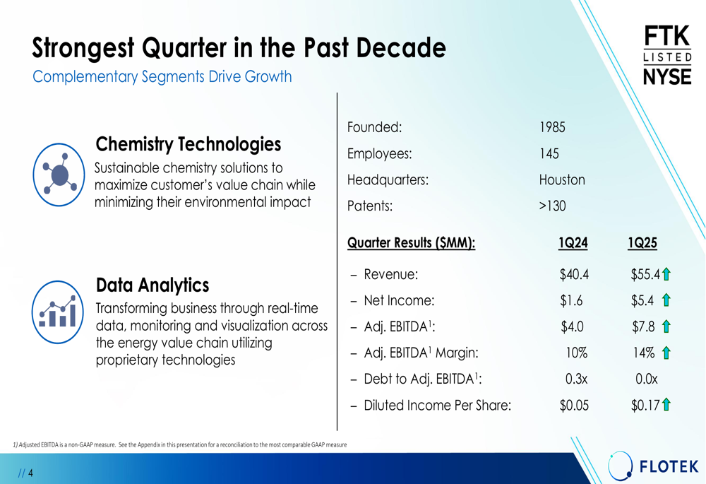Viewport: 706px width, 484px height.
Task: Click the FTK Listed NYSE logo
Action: coord(667,55)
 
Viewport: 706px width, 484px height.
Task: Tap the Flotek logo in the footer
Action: coord(653,466)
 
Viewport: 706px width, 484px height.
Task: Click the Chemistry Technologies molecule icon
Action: coord(59,175)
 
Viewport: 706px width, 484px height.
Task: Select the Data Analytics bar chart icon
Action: coord(58,312)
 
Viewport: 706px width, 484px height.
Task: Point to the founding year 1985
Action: coord(552,127)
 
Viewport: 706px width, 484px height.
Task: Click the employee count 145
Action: coord(549,153)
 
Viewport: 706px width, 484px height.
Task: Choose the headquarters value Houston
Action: coord(562,179)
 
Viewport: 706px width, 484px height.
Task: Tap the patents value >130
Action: coord(553,206)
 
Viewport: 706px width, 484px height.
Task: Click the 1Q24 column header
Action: coord(573,243)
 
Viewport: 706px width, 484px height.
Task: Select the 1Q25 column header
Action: coord(642,243)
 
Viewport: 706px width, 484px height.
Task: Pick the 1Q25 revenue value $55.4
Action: coord(645,274)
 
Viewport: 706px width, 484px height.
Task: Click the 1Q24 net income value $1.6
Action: coord(571,300)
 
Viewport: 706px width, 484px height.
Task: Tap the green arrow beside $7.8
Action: coord(666,326)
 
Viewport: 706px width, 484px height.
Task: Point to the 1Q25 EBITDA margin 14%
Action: coord(644,353)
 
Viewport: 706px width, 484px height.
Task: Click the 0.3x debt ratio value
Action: coord(576,379)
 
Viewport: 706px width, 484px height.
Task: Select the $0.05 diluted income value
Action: coord(574,405)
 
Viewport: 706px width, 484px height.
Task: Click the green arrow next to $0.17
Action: coord(666,405)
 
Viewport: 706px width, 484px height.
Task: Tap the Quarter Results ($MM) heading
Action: coord(411,243)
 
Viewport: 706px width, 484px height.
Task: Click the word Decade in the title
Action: coord(401,48)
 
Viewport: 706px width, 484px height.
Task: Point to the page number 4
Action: coord(30,473)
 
